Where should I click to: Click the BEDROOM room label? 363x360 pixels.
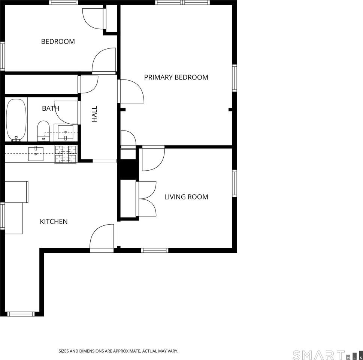[x=58, y=42]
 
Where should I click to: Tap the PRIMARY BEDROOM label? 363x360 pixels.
[x=176, y=77]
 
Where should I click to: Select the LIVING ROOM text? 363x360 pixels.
[x=186, y=197]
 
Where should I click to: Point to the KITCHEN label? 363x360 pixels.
[x=54, y=222]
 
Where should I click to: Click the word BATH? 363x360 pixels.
[x=50, y=108]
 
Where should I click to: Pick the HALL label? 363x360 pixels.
[x=94, y=114]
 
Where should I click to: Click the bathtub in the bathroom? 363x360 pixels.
[x=16, y=120]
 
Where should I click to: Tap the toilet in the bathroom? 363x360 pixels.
[x=43, y=130]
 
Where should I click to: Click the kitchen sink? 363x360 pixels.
[x=36, y=154]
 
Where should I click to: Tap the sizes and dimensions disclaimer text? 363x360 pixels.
[x=118, y=351]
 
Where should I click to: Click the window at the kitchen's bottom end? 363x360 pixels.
[x=21, y=314]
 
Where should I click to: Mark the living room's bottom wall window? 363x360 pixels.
[x=154, y=250]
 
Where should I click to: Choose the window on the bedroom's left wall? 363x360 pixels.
[x=2, y=56]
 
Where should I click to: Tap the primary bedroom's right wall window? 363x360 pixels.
[x=235, y=78]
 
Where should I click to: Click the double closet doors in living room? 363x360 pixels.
[x=147, y=199]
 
